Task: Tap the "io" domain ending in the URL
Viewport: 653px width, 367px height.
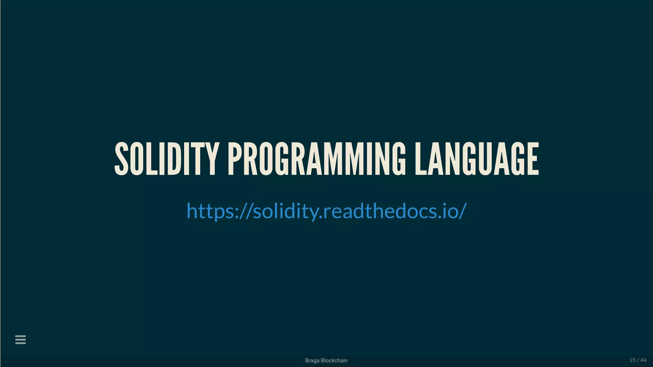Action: tap(448, 211)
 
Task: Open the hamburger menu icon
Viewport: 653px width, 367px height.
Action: tap(20, 340)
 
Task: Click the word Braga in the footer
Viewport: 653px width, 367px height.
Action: tap(312, 361)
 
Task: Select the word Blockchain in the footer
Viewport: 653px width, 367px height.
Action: tap(334, 361)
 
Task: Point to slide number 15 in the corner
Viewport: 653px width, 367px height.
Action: tap(633, 360)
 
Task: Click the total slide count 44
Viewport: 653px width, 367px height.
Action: tap(643, 360)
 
